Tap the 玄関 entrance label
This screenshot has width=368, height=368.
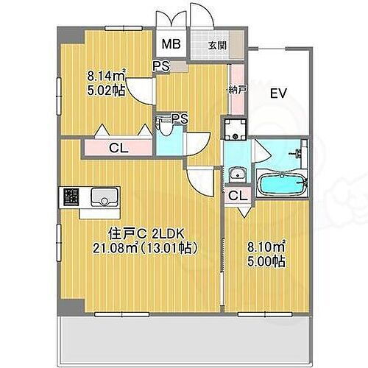click(x=217, y=46)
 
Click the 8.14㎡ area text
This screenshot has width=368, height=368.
click(x=107, y=74)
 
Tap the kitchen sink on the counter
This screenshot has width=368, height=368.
click(x=103, y=197)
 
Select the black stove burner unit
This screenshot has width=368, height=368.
click(x=71, y=197)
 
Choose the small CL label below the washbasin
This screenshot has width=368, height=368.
click(x=237, y=196)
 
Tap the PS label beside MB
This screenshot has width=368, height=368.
click(x=161, y=65)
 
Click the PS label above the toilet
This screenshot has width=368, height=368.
click(x=179, y=117)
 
